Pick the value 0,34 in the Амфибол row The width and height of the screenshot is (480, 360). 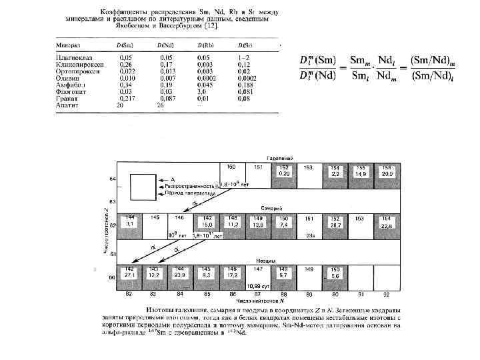125,85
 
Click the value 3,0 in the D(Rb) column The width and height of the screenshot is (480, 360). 204,91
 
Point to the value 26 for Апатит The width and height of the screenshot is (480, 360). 160,105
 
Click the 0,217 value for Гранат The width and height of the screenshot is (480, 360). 125,98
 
